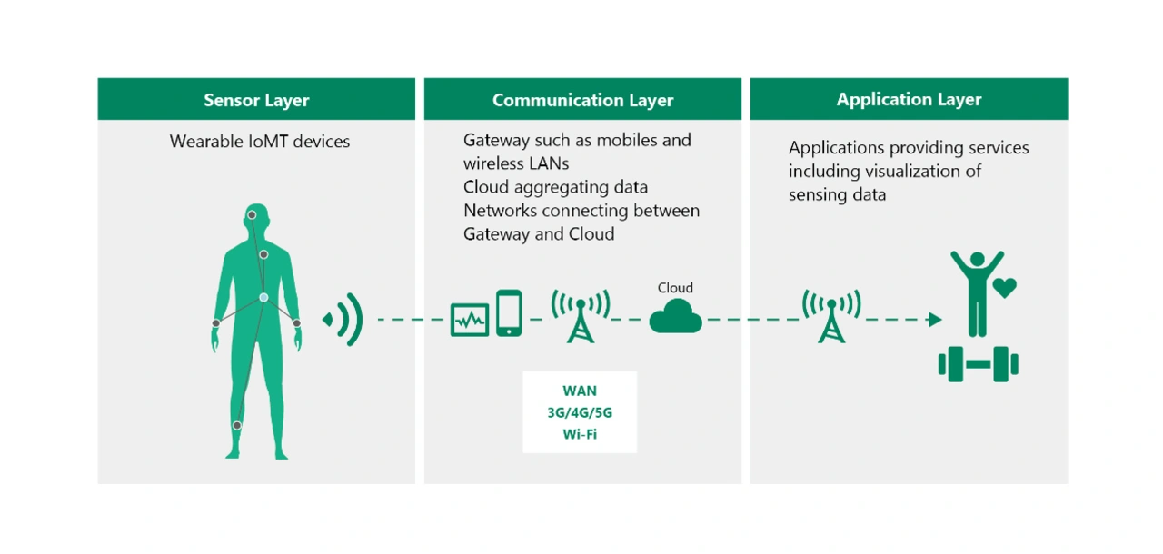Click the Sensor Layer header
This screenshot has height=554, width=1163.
coord(256,100)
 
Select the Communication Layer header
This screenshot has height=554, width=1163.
coord(582,100)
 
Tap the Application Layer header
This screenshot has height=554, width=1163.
coord(910,99)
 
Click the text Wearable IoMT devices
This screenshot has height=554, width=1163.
coord(260,142)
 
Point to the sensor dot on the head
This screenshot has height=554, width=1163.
coord(252,214)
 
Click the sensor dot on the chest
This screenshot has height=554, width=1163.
coord(263,254)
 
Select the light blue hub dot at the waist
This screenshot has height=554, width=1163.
coord(263,297)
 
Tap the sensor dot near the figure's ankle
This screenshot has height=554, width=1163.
coord(237,425)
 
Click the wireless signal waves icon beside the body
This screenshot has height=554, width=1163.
coord(343,319)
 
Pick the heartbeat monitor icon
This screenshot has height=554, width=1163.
coord(470,320)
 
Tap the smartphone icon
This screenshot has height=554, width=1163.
coord(509,312)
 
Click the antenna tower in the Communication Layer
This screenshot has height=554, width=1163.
coord(581,316)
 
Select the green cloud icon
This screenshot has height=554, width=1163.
coord(675,316)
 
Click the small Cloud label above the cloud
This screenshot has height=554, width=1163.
coord(675,288)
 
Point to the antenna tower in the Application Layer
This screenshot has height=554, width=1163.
coord(831,316)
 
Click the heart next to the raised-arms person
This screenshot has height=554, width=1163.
coord(1005,288)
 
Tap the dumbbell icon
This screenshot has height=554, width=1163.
coord(979,364)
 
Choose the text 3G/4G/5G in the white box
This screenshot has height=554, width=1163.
coord(580,413)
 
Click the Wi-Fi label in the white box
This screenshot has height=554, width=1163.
coord(580,434)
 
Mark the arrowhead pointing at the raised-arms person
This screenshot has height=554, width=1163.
coord(935,320)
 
